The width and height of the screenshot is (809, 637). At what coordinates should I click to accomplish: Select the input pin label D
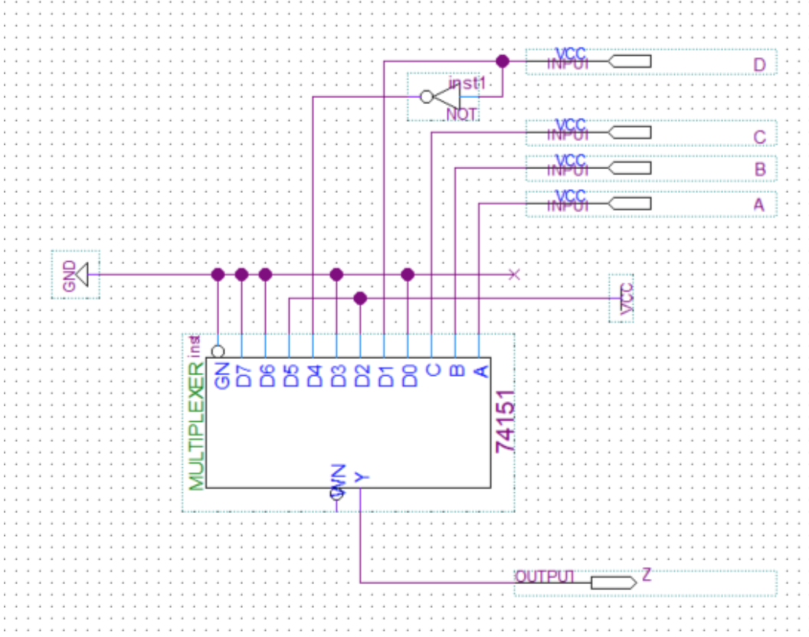(759, 64)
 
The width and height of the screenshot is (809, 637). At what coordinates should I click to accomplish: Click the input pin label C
(759, 137)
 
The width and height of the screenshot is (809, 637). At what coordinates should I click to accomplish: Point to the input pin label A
(759, 205)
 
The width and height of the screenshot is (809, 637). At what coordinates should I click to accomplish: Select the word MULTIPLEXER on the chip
(196, 433)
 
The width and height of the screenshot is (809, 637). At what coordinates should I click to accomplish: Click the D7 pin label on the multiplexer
(243, 377)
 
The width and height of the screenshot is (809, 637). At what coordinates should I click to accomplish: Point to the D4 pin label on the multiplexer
(314, 377)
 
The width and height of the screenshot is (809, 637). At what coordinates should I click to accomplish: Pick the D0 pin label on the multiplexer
(409, 377)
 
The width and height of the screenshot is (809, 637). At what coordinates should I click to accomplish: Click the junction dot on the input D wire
(502, 60)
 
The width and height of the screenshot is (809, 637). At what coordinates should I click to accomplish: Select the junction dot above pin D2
(360, 298)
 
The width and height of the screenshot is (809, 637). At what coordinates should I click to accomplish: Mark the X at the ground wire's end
(514, 274)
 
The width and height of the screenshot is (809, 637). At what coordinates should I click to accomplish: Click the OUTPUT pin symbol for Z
(613, 583)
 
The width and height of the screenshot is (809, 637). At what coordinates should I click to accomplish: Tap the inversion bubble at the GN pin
(218, 351)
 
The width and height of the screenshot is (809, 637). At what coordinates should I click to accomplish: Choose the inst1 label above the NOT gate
(467, 82)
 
